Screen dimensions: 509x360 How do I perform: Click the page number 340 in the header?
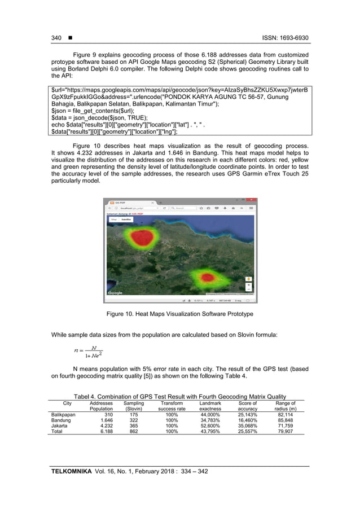point(56,38)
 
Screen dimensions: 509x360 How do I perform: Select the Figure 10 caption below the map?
point(180,313)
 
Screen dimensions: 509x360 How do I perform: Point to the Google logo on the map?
point(115,292)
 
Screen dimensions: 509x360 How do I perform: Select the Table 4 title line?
point(180,396)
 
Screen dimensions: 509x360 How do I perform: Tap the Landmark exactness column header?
point(210,406)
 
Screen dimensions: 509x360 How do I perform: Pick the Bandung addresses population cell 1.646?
point(106,420)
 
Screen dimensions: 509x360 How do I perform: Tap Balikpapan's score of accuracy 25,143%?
point(247,414)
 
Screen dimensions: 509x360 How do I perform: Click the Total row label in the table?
point(57,431)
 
